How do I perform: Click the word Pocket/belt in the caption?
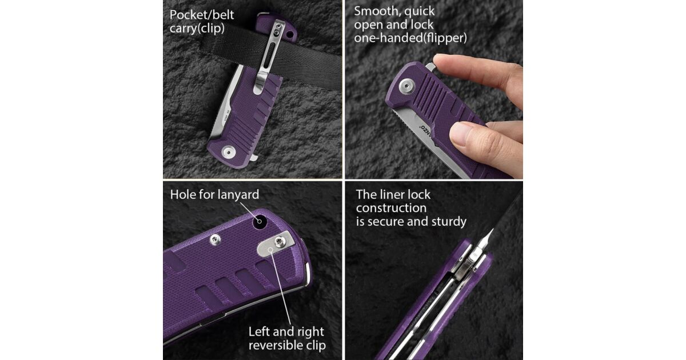pos(201,15)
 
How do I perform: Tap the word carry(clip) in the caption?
pos(197,29)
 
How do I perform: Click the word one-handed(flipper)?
pos(410,38)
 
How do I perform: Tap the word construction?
pos(391,208)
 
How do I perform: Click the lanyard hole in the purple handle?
pos(260,221)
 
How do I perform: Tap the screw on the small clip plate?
pos(280,242)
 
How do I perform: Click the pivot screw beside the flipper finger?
pos(406,86)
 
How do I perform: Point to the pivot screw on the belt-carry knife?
pos(229,152)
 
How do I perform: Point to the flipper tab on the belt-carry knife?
pos(254,157)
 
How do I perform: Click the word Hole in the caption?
pos(183,195)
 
